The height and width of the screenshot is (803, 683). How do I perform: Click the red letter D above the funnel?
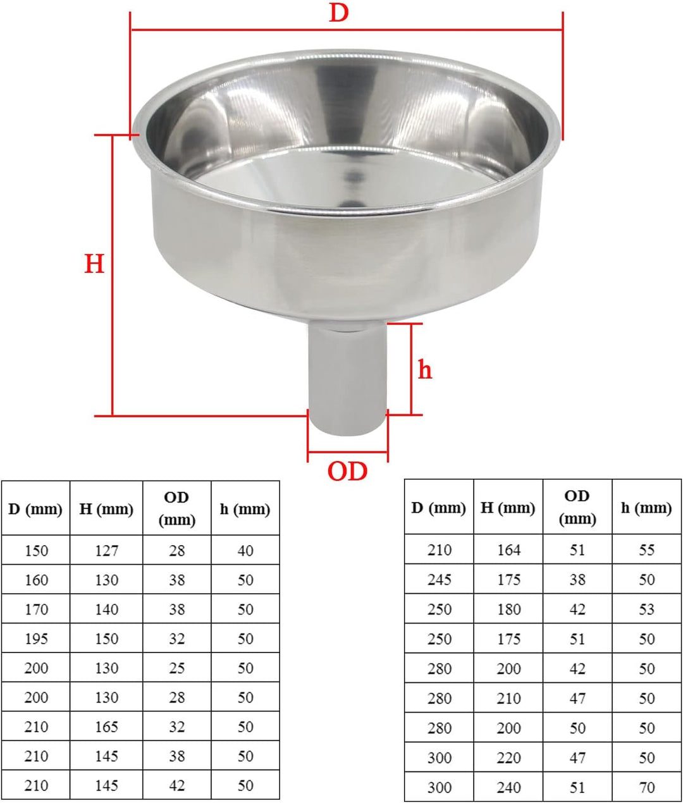339,12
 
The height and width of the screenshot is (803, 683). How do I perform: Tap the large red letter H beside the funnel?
94,263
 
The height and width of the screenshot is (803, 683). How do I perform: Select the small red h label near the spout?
425,369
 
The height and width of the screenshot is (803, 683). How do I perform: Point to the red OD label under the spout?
347,472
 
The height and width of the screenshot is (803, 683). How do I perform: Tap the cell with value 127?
106,551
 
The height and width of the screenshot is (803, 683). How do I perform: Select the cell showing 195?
36,639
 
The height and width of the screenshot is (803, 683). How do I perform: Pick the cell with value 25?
176,668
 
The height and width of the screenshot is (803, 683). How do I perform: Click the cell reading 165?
106,727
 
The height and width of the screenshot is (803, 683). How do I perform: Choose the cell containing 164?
508,550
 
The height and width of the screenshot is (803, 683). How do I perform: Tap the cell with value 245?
439,580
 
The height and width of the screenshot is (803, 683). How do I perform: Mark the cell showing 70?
646,788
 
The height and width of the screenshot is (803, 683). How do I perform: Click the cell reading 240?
508,788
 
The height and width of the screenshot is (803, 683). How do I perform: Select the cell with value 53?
646,610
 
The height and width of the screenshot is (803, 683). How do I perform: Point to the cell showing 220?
508,758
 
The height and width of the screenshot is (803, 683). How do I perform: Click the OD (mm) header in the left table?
176,508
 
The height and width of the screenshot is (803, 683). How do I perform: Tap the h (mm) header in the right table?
646,508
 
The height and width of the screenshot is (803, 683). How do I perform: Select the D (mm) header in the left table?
36,509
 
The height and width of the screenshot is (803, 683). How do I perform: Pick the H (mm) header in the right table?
508,508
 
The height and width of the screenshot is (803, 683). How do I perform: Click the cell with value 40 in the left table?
245,551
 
